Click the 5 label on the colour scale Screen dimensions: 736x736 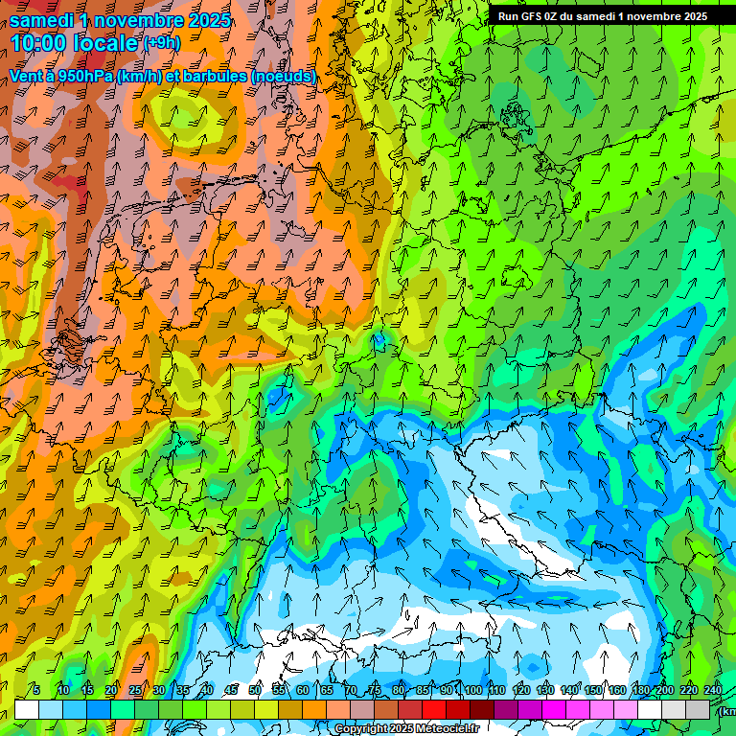tap(36, 690)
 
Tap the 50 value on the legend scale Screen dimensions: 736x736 tap(255, 690)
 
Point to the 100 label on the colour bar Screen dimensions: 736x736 tap(472, 690)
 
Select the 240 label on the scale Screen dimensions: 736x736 tap(713, 690)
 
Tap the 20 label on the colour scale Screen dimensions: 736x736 tap(111, 690)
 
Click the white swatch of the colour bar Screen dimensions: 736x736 tap(27, 709)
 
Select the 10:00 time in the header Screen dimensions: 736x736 tap(38, 43)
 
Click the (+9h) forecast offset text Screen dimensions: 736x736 tap(161, 43)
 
